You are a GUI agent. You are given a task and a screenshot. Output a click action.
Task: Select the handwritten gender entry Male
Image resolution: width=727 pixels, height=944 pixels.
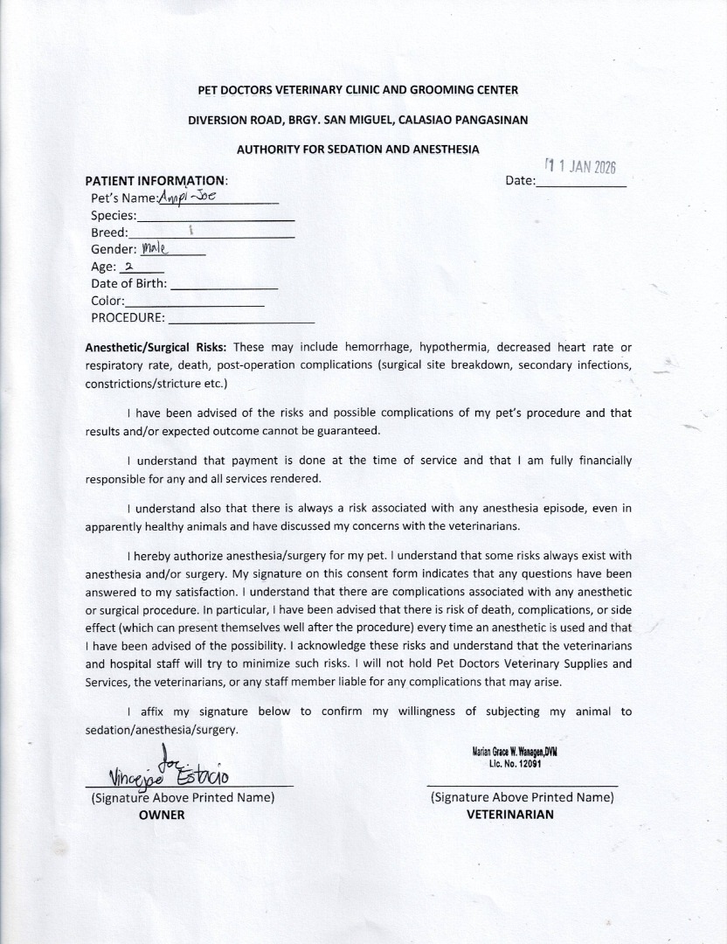click(x=153, y=248)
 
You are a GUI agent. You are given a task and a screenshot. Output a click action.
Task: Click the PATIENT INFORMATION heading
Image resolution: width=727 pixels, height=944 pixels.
click(x=156, y=181)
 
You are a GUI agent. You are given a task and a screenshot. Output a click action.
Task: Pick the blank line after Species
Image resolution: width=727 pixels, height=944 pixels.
click(x=216, y=218)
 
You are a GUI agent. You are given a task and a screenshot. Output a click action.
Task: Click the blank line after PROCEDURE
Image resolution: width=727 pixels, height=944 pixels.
click(x=241, y=321)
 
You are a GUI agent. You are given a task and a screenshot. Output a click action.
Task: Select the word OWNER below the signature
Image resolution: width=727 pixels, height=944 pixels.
click(x=162, y=815)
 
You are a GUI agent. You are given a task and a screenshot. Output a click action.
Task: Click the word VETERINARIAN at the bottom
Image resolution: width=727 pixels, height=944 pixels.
click(x=510, y=815)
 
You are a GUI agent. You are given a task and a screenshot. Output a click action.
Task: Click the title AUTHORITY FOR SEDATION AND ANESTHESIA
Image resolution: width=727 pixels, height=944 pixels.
click(x=357, y=149)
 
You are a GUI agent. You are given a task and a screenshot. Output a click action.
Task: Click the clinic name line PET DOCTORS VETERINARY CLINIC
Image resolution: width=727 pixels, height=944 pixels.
click(x=358, y=90)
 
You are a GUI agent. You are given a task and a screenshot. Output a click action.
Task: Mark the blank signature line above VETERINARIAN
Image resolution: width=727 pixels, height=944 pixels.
click(x=522, y=785)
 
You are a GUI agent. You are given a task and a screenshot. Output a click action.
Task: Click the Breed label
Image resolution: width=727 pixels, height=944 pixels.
click(x=108, y=233)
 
